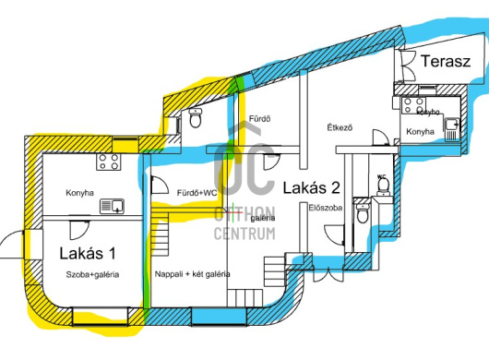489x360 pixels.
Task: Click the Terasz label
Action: pyautogui.click(x=446, y=63)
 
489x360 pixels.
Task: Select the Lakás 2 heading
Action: pyautogui.click(x=311, y=187)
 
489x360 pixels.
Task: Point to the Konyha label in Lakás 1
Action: pyautogui.click(x=81, y=194)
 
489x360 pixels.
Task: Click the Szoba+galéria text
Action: pyautogui.click(x=90, y=275)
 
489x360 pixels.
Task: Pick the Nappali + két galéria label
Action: pyautogui.click(x=193, y=274)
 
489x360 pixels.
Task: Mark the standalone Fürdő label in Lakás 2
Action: pyautogui.click(x=260, y=119)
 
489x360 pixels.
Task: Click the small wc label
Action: pyautogui.click(x=381, y=175)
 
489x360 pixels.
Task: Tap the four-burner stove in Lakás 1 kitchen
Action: pyautogui.click(x=109, y=163)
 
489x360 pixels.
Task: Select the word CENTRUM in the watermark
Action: pyautogui.click(x=244, y=233)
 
